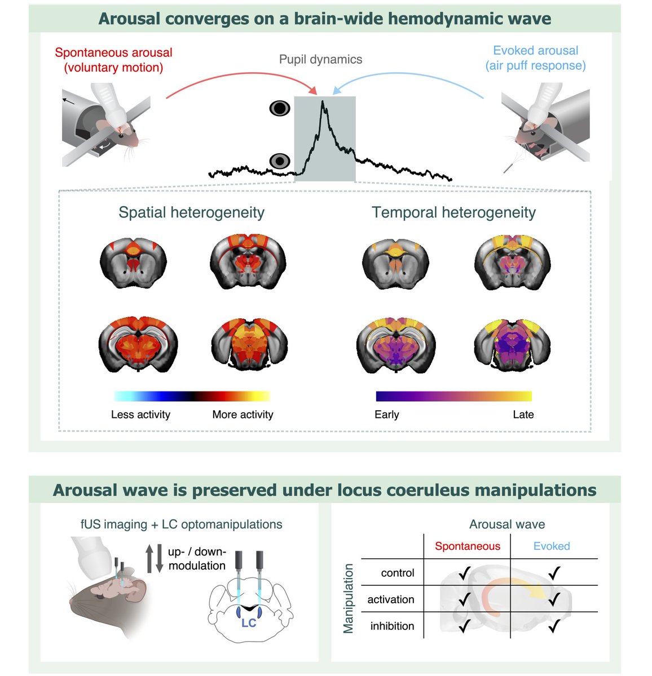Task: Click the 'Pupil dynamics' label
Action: tap(320, 59)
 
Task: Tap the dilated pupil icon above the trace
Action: tap(280, 108)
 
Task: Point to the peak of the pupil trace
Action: tap(323, 102)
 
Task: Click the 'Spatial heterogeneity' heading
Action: tap(191, 212)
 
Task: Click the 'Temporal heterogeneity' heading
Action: tap(453, 212)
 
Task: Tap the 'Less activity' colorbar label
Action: tap(140, 415)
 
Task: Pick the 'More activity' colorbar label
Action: tap(243, 415)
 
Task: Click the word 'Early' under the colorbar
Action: tap(386, 415)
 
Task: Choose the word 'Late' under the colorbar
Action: tap(523, 415)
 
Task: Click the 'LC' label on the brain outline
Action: tap(249, 623)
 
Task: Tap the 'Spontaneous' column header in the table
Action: tap(467, 546)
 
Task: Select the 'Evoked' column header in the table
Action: tap(552, 546)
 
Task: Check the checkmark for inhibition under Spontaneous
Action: tap(465, 625)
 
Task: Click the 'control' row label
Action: tap(398, 573)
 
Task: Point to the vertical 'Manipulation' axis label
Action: tap(349, 598)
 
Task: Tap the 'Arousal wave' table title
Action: tap(507, 524)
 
